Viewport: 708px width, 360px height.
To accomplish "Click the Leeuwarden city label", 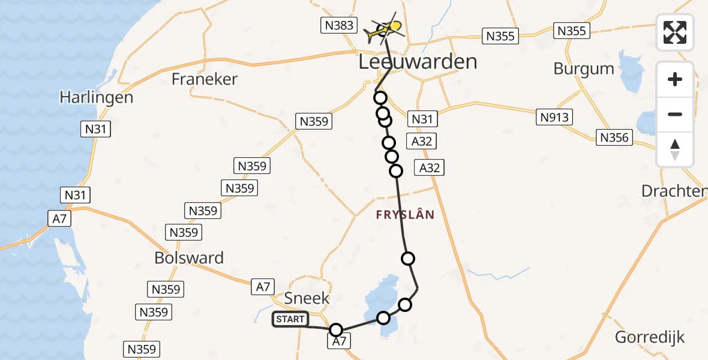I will [x=418, y=62].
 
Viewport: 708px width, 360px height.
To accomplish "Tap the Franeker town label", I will [x=205, y=79].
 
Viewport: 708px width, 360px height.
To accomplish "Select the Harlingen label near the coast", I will [x=96, y=97].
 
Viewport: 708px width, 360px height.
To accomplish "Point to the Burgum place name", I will [x=584, y=68].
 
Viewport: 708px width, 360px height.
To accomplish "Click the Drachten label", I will [x=674, y=191].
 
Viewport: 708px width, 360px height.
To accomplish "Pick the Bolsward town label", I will [x=189, y=258].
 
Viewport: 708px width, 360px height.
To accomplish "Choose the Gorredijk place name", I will [x=650, y=337].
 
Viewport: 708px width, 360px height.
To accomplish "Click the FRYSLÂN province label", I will [x=405, y=214].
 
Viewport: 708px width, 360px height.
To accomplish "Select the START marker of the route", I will [x=290, y=319].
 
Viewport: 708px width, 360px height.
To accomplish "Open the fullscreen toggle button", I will [x=675, y=32].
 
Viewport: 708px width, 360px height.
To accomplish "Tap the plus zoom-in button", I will [x=675, y=79].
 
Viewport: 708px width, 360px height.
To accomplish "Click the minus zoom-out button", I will [x=675, y=114].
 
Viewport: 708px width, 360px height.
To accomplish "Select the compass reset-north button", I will [x=675, y=149].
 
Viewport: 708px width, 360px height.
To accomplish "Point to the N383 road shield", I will [x=340, y=25].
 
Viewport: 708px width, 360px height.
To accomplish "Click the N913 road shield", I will [x=554, y=118].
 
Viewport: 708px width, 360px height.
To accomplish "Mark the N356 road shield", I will [x=614, y=138].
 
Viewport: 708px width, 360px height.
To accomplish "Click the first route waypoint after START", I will [x=336, y=330].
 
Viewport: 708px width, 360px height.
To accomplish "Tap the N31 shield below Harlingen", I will [x=96, y=128].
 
